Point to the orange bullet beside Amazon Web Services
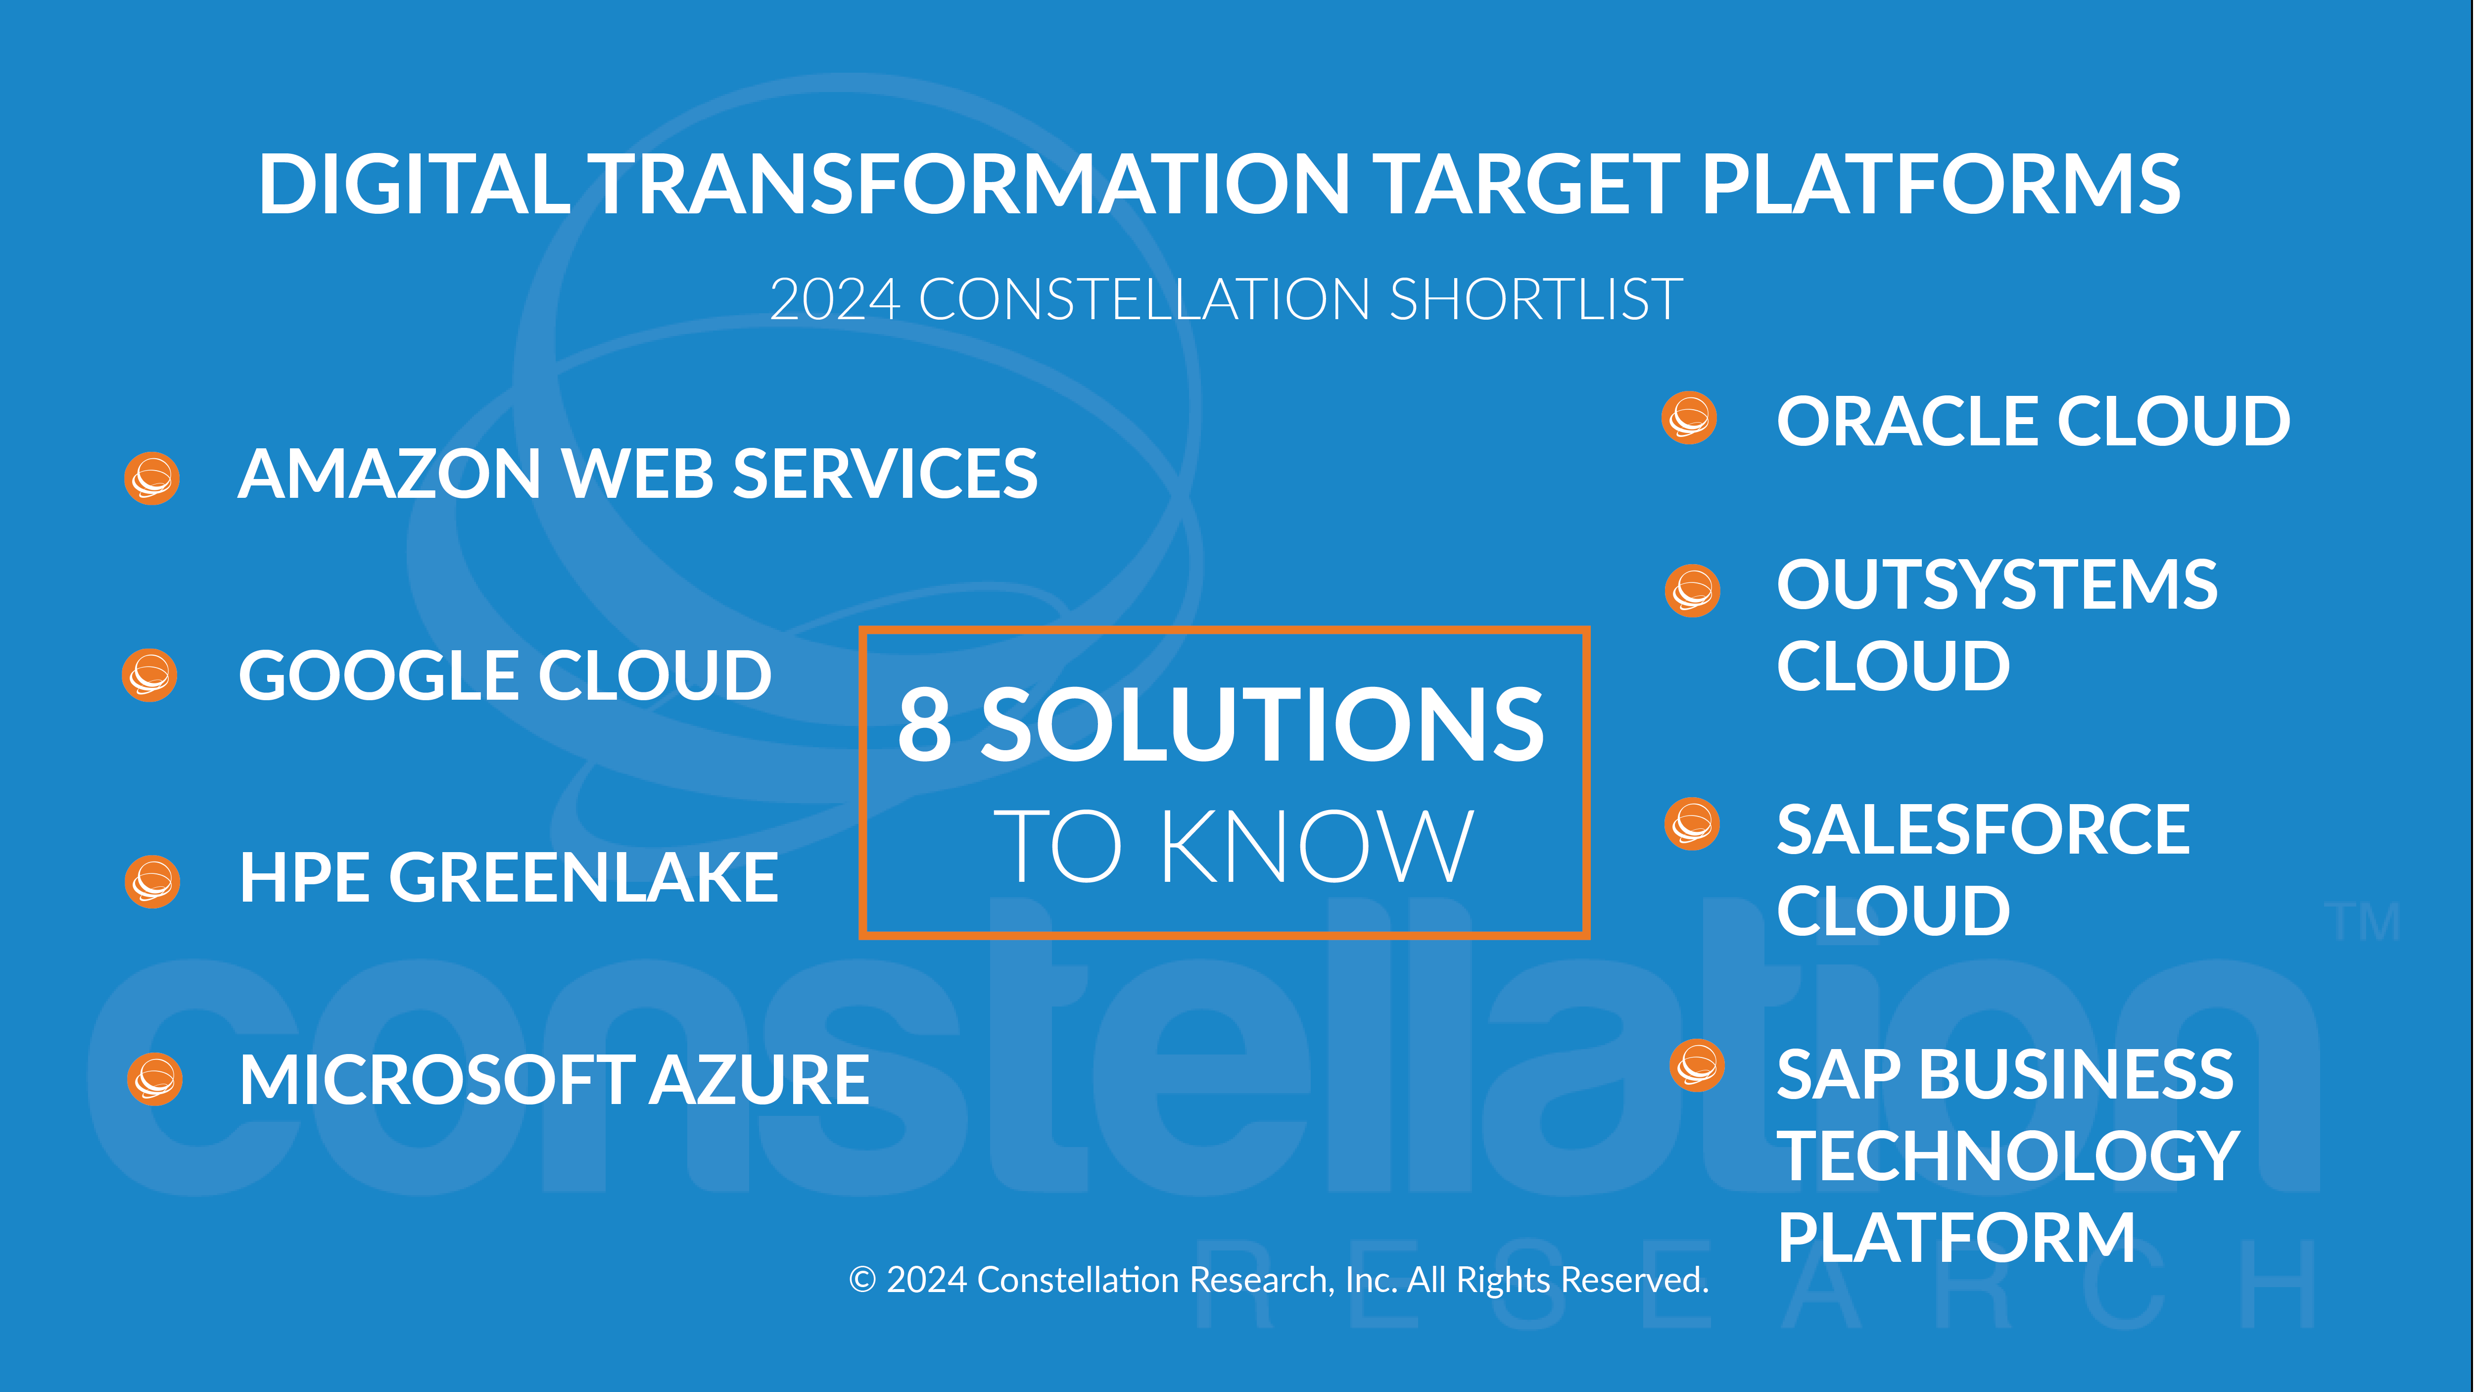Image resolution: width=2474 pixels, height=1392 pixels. point(152,478)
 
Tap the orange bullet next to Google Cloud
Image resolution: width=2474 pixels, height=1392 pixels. point(150,675)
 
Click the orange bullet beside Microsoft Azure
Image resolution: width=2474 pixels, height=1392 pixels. point(154,1079)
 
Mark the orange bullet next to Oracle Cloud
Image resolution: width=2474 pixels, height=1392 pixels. point(1689,418)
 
